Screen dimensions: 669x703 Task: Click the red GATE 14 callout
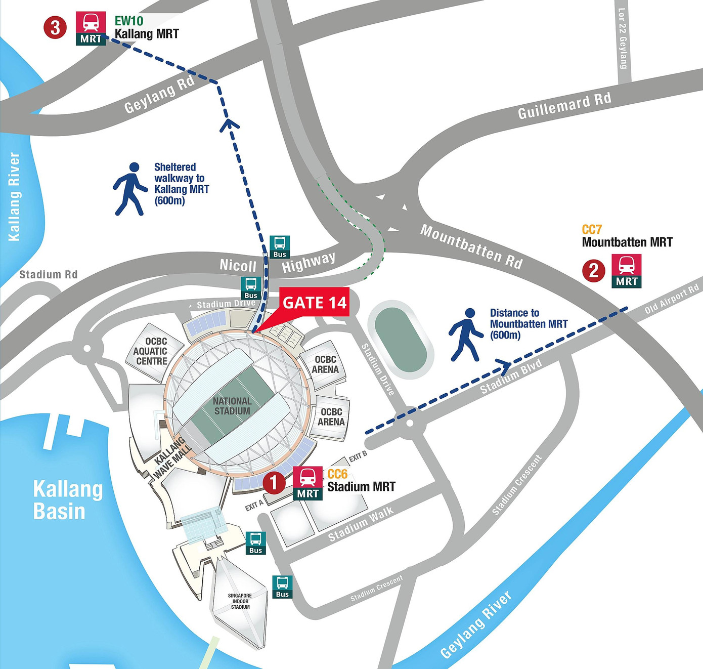[x=314, y=302]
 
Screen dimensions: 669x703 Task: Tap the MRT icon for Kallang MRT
[x=91, y=28]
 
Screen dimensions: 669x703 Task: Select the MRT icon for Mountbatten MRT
[x=626, y=271]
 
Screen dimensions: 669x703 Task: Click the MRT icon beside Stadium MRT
[x=307, y=483]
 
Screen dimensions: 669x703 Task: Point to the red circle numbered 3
[x=55, y=27]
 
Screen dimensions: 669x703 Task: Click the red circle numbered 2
[x=594, y=271]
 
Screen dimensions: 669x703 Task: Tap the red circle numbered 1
[x=274, y=483]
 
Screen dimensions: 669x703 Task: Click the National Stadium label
[x=232, y=406]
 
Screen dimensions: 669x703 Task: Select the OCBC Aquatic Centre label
[x=150, y=351]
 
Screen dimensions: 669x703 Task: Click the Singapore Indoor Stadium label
[x=240, y=601]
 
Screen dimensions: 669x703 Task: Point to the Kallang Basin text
[x=67, y=500]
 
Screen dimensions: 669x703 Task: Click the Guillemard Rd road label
[x=564, y=106]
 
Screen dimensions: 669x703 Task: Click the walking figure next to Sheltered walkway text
[x=129, y=189]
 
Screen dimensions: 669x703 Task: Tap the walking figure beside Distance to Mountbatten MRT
[x=466, y=335]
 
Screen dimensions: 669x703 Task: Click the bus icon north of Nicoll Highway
[x=279, y=246]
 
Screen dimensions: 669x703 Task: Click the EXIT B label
[x=358, y=456]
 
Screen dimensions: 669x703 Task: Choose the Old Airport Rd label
[x=672, y=299]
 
